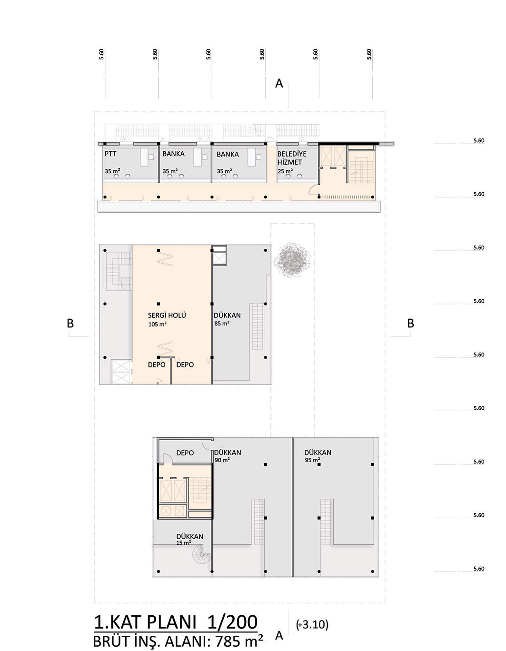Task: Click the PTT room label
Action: click(110, 154)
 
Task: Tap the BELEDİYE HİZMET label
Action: click(292, 158)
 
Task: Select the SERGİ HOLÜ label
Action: click(167, 315)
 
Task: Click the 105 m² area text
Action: click(157, 324)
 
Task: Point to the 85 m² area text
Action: click(222, 323)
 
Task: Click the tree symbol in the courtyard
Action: click(292, 259)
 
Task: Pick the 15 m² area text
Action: click(184, 542)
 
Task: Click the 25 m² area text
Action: click(285, 171)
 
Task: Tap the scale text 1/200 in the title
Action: click(232, 622)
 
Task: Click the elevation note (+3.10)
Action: click(312, 624)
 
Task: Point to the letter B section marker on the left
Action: click(70, 323)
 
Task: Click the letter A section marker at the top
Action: click(279, 83)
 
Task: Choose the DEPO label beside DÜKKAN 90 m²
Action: click(185, 453)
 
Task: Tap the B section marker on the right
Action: click(410, 323)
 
